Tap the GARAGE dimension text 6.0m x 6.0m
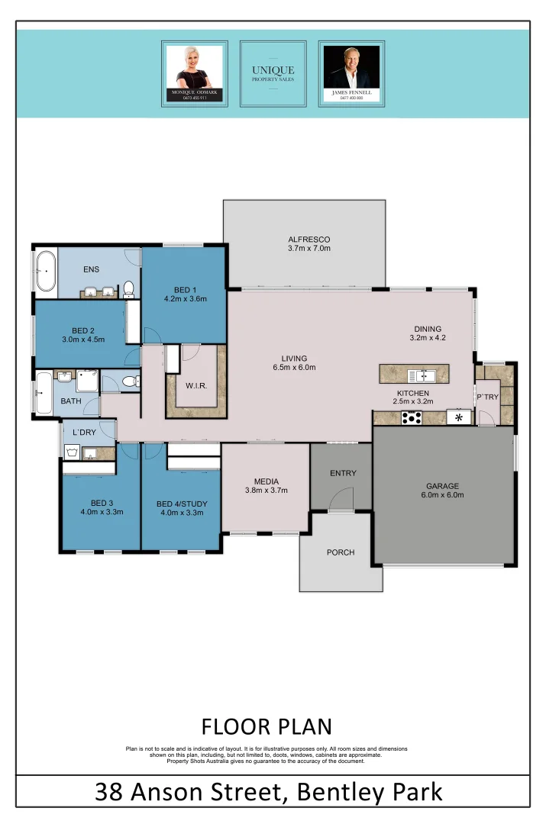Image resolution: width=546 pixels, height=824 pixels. (x=442, y=495)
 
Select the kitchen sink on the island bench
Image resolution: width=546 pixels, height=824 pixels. (x=421, y=375)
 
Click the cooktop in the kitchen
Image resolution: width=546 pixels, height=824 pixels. (x=412, y=417)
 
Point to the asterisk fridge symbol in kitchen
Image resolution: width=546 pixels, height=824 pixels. (x=459, y=417)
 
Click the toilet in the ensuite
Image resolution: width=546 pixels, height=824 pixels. (x=129, y=288)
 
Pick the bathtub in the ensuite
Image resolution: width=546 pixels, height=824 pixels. (x=44, y=272)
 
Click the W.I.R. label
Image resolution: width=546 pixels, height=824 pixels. (x=196, y=385)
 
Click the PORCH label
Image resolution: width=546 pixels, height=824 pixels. (x=341, y=552)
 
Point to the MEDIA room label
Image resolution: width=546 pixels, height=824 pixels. (x=266, y=481)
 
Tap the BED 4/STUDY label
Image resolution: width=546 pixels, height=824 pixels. (x=181, y=504)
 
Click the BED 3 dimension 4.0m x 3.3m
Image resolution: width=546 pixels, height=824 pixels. (x=102, y=512)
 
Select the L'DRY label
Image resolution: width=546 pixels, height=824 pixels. (x=84, y=433)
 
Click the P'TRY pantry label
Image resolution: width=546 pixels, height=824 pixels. (x=487, y=397)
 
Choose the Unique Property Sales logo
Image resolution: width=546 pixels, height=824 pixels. (x=273, y=74)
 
